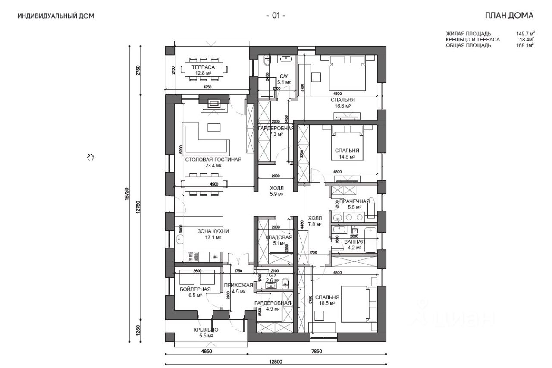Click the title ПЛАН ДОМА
509,16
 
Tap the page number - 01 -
276,16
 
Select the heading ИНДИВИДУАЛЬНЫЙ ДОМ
56,16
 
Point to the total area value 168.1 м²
525,45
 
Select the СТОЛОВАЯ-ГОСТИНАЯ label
213,160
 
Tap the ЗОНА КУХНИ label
213,231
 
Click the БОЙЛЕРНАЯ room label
195,289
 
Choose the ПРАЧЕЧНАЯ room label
354,201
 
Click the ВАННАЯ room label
354,242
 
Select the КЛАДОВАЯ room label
279,237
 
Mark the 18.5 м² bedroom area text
327,303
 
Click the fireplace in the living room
214,104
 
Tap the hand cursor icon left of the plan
90,157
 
